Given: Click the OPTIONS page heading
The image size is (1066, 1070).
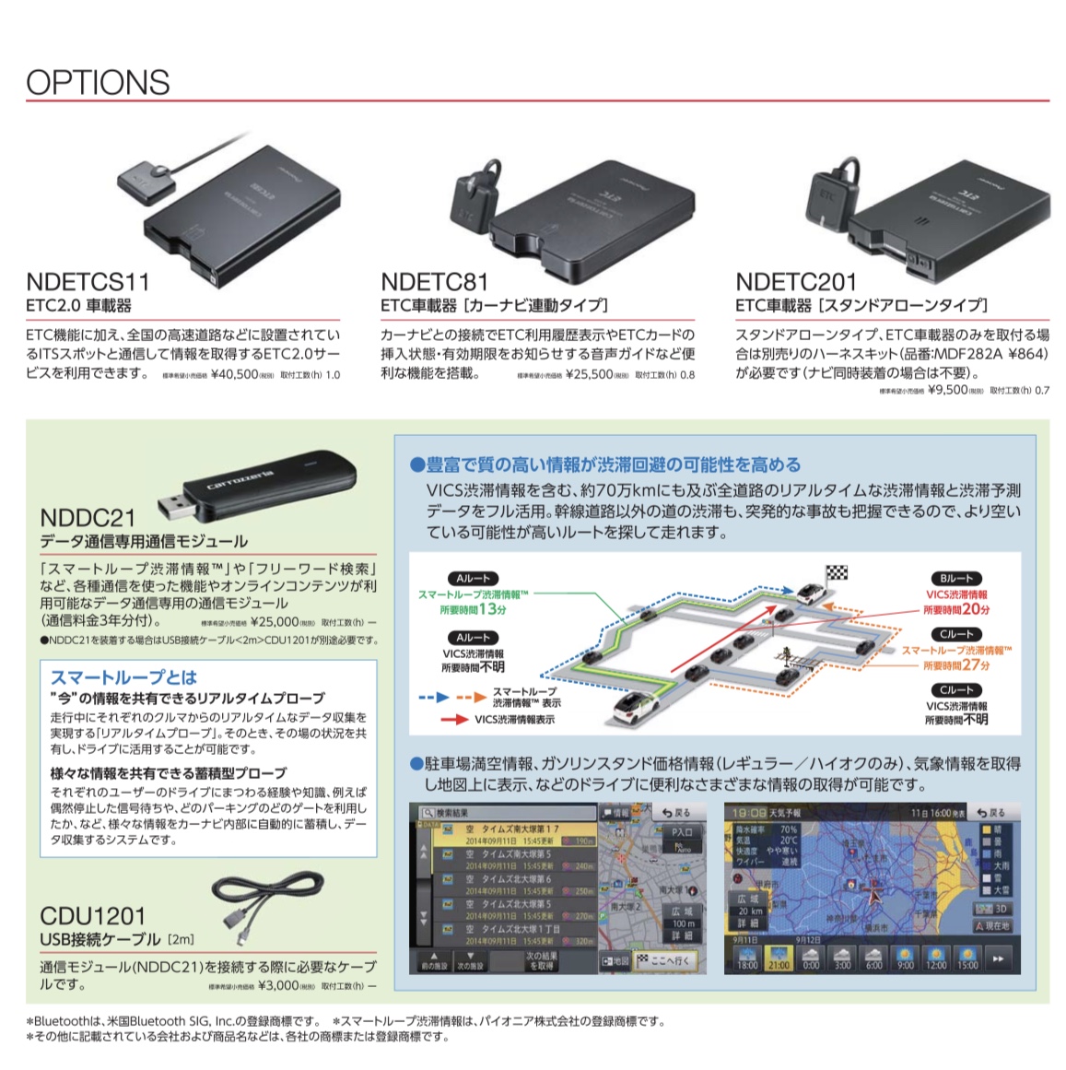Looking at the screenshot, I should point(98,82).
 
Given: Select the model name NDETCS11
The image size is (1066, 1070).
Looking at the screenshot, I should point(88,282).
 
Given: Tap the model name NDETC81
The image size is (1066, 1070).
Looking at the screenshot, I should point(434,282).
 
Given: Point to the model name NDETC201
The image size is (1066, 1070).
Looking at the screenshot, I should point(796,282).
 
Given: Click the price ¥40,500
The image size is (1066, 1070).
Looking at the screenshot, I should point(234,375).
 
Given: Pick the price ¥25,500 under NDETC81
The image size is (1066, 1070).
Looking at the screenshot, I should point(589,375).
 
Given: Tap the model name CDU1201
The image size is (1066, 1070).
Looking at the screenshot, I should point(93,916).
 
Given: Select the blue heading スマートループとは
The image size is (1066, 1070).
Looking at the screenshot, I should point(123,677).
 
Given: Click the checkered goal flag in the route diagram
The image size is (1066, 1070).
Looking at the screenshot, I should point(837,573).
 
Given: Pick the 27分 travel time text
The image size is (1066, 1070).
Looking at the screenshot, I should point(975,664).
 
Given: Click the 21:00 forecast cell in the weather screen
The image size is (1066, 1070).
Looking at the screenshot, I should point(779,959).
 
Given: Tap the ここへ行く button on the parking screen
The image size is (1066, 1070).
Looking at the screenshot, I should point(665,960).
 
